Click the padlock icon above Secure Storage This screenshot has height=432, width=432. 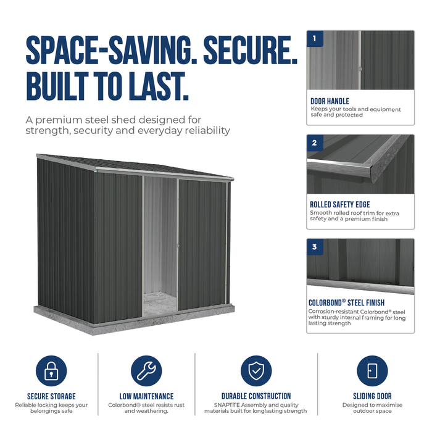pos(51,370)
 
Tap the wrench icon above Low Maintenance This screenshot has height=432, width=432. pos(146,370)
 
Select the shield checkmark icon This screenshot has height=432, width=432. pos(256,370)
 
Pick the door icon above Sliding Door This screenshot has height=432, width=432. pos(372,370)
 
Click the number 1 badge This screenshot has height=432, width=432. pos(315,38)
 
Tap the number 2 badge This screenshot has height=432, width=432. pos(315,143)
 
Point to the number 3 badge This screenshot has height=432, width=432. pos(315,247)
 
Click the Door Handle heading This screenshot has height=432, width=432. pos(330,101)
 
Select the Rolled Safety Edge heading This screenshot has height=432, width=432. pos(340,204)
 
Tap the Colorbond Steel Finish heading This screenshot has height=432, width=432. pos(346,302)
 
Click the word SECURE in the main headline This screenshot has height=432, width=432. pos(250,50)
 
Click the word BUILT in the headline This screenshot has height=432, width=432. pos(57,86)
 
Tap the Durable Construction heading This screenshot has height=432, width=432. pos(256,396)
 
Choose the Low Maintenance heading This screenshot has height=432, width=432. pos(146,396)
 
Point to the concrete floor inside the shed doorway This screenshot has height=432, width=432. pos(160,304)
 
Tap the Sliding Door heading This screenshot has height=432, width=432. pos(372,396)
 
